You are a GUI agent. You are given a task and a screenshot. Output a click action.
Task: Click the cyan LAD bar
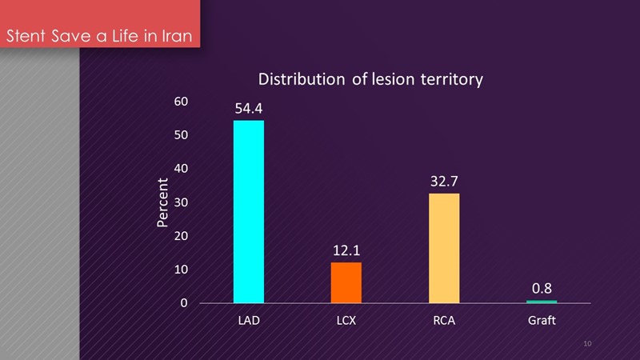click(248, 212)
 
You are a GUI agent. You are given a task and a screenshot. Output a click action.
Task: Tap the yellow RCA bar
click(444, 248)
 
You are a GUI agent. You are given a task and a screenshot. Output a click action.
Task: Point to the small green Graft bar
click(542, 302)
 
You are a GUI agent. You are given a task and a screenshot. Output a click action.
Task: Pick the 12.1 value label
click(346, 250)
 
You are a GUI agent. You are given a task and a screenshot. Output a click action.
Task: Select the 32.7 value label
click(444, 181)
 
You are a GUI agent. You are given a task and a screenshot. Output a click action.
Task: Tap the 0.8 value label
click(542, 288)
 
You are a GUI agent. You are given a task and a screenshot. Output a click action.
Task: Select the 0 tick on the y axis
click(184, 303)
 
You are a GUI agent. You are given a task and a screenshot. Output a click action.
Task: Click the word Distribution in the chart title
click(300, 80)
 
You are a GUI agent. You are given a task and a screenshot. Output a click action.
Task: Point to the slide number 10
click(588, 343)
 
